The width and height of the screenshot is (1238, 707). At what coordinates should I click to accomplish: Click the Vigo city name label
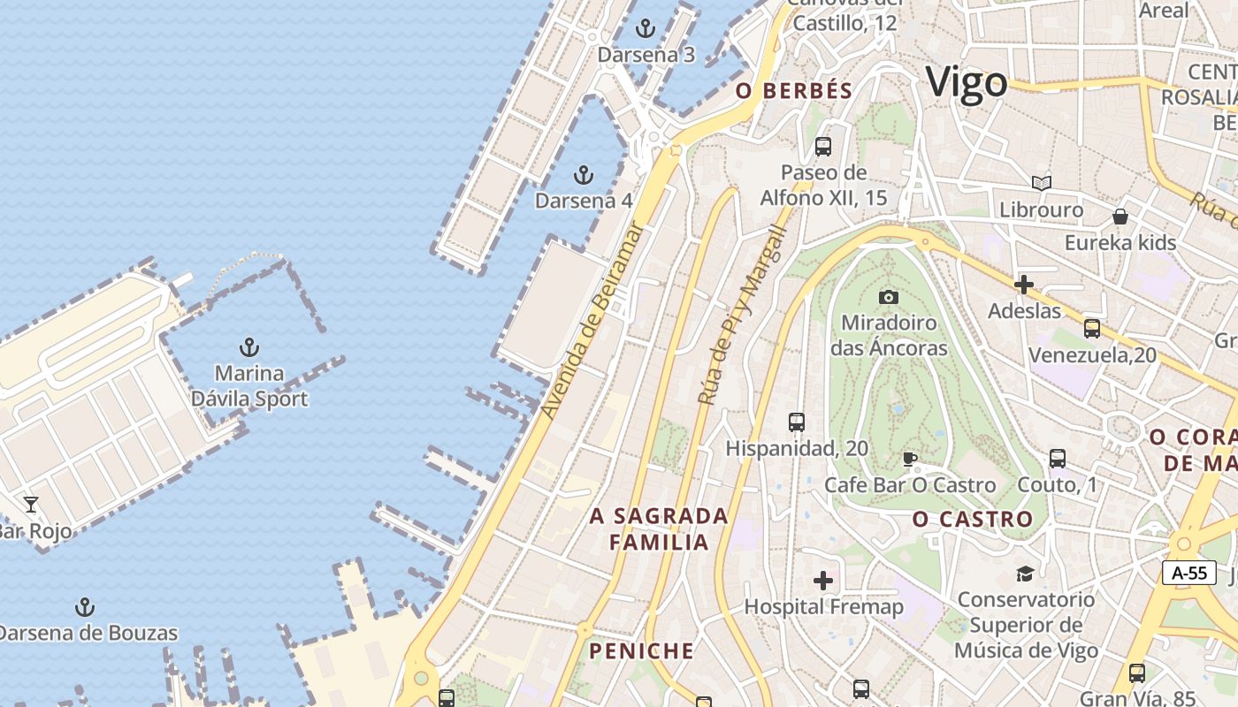(967, 83)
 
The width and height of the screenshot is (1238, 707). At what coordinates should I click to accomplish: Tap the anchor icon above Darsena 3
(646, 29)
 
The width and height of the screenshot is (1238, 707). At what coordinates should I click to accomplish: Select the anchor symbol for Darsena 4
(583, 175)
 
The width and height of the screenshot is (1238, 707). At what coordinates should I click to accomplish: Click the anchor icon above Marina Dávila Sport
(249, 346)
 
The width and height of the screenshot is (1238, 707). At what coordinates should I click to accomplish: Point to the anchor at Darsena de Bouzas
(85, 607)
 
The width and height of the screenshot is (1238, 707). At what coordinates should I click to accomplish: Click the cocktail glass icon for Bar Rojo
(31, 505)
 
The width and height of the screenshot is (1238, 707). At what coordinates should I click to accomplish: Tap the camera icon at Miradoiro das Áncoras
(889, 297)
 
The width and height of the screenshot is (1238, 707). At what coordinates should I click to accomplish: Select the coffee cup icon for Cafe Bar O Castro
(909, 459)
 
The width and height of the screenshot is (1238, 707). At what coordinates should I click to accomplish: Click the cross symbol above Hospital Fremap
(823, 581)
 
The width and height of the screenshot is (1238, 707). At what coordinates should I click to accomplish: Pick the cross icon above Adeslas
(1024, 285)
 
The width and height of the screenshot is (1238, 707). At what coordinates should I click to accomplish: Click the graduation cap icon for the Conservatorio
(1025, 574)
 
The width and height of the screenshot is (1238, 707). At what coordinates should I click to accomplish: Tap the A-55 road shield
(1188, 573)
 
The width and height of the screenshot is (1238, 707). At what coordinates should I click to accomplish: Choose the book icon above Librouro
(1042, 183)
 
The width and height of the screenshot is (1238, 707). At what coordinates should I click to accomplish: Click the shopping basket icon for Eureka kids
(1120, 217)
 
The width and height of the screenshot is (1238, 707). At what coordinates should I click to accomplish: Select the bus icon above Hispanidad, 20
(797, 422)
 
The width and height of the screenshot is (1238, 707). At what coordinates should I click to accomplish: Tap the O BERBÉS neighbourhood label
(794, 90)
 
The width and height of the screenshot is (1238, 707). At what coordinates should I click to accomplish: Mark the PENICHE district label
(642, 651)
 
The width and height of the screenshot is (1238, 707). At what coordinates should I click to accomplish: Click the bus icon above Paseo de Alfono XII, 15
(823, 146)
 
